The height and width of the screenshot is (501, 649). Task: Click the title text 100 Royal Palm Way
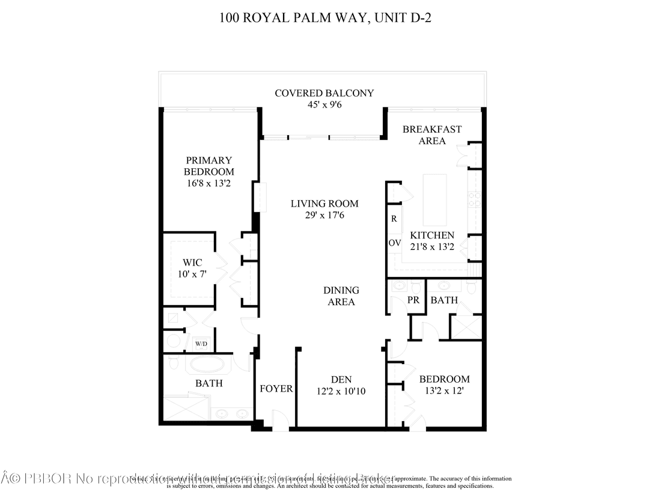(324, 17)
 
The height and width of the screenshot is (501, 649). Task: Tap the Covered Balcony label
(324, 93)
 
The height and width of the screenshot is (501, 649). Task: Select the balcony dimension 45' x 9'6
(324, 105)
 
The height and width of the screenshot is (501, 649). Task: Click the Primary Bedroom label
(209, 166)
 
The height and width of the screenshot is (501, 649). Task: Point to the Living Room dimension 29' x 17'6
(324, 215)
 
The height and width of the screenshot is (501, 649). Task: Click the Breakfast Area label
(432, 135)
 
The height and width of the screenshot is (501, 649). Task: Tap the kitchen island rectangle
(435, 199)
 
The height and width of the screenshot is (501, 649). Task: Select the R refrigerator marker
(394, 219)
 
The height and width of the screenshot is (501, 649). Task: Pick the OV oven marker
(394, 243)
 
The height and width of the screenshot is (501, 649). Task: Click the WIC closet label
(192, 263)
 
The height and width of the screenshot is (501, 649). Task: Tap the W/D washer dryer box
(201, 344)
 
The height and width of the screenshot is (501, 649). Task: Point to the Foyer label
(276, 389)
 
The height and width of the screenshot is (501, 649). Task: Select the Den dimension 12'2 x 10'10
(341, 391)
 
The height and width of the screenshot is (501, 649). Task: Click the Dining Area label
(341, 296)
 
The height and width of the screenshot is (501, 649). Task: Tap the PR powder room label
(413, 300)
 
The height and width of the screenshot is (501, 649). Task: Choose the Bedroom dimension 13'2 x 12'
(444, 391)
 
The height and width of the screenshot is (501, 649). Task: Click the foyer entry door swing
(279, 419)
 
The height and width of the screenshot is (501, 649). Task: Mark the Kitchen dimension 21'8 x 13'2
(432, 246)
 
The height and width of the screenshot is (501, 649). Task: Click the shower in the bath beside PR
(466, 327)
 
